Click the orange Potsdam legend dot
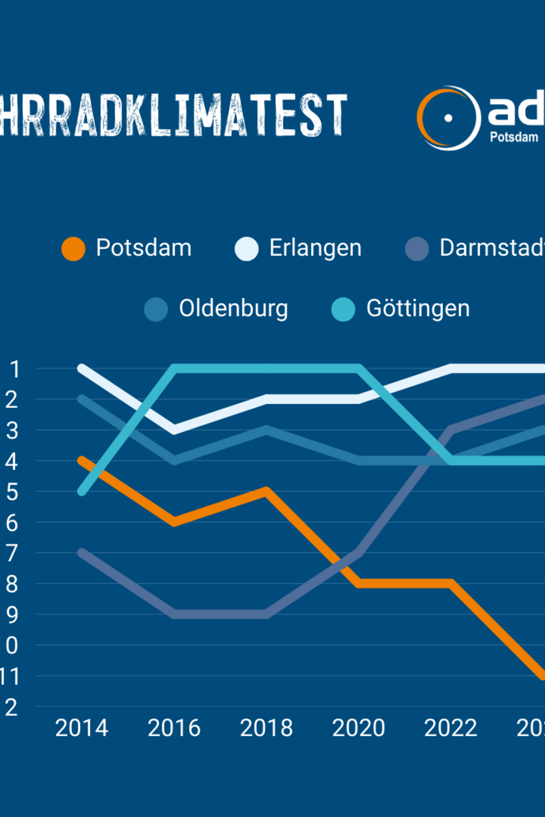click(x=73, y=249)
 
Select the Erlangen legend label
click(x=315, y=248)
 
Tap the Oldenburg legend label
click(x=233, y=309)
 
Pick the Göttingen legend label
click(x=418, y=309)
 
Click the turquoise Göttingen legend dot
click(x=343, y=309)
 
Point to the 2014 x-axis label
click(x=81, y=728)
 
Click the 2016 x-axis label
click(x=174, y=728)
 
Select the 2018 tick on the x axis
click(x=266, y=728)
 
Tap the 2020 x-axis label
click(x=359, y=728)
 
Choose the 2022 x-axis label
click(x=451, y=728)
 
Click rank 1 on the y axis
click(x=15, y=370)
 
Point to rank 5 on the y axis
click(x=13, y=492)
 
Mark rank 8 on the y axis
click(x=13, y=584)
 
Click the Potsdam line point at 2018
click(x=267, y=491)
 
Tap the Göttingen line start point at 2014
click(x=82, y=491)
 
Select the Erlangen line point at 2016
click(x=174, y=430)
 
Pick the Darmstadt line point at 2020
click(x=359, y=552)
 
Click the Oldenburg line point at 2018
click(x=267, y=429)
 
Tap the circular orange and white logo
click(x=448, y=118)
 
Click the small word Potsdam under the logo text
click(x=514, y=137)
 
